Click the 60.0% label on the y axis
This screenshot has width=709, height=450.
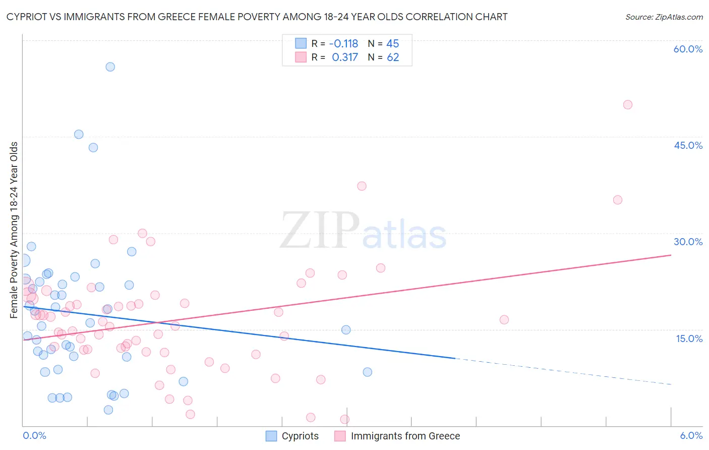tap(688, 49)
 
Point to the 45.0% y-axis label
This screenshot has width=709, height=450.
tap(688, 145)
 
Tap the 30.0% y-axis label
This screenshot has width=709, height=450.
tap(688, 242)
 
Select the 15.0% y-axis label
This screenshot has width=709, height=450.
tap(689, 339)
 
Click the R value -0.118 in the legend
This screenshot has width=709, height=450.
tap(343, 44)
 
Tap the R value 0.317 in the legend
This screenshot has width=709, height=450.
tap(345, 58)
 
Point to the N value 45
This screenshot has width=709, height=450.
tap(392, 44)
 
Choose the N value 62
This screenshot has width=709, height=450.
tap(393, 58)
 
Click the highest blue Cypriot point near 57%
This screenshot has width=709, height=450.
tap(110, 67)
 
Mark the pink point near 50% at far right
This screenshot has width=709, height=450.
tap(628, 105)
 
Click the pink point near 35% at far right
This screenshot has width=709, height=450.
tap(618, 200)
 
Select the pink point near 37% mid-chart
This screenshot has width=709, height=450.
tap(362, 186)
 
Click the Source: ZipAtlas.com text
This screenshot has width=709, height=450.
tap(664, 17)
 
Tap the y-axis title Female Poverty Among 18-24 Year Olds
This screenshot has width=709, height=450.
tap(14, 230)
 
